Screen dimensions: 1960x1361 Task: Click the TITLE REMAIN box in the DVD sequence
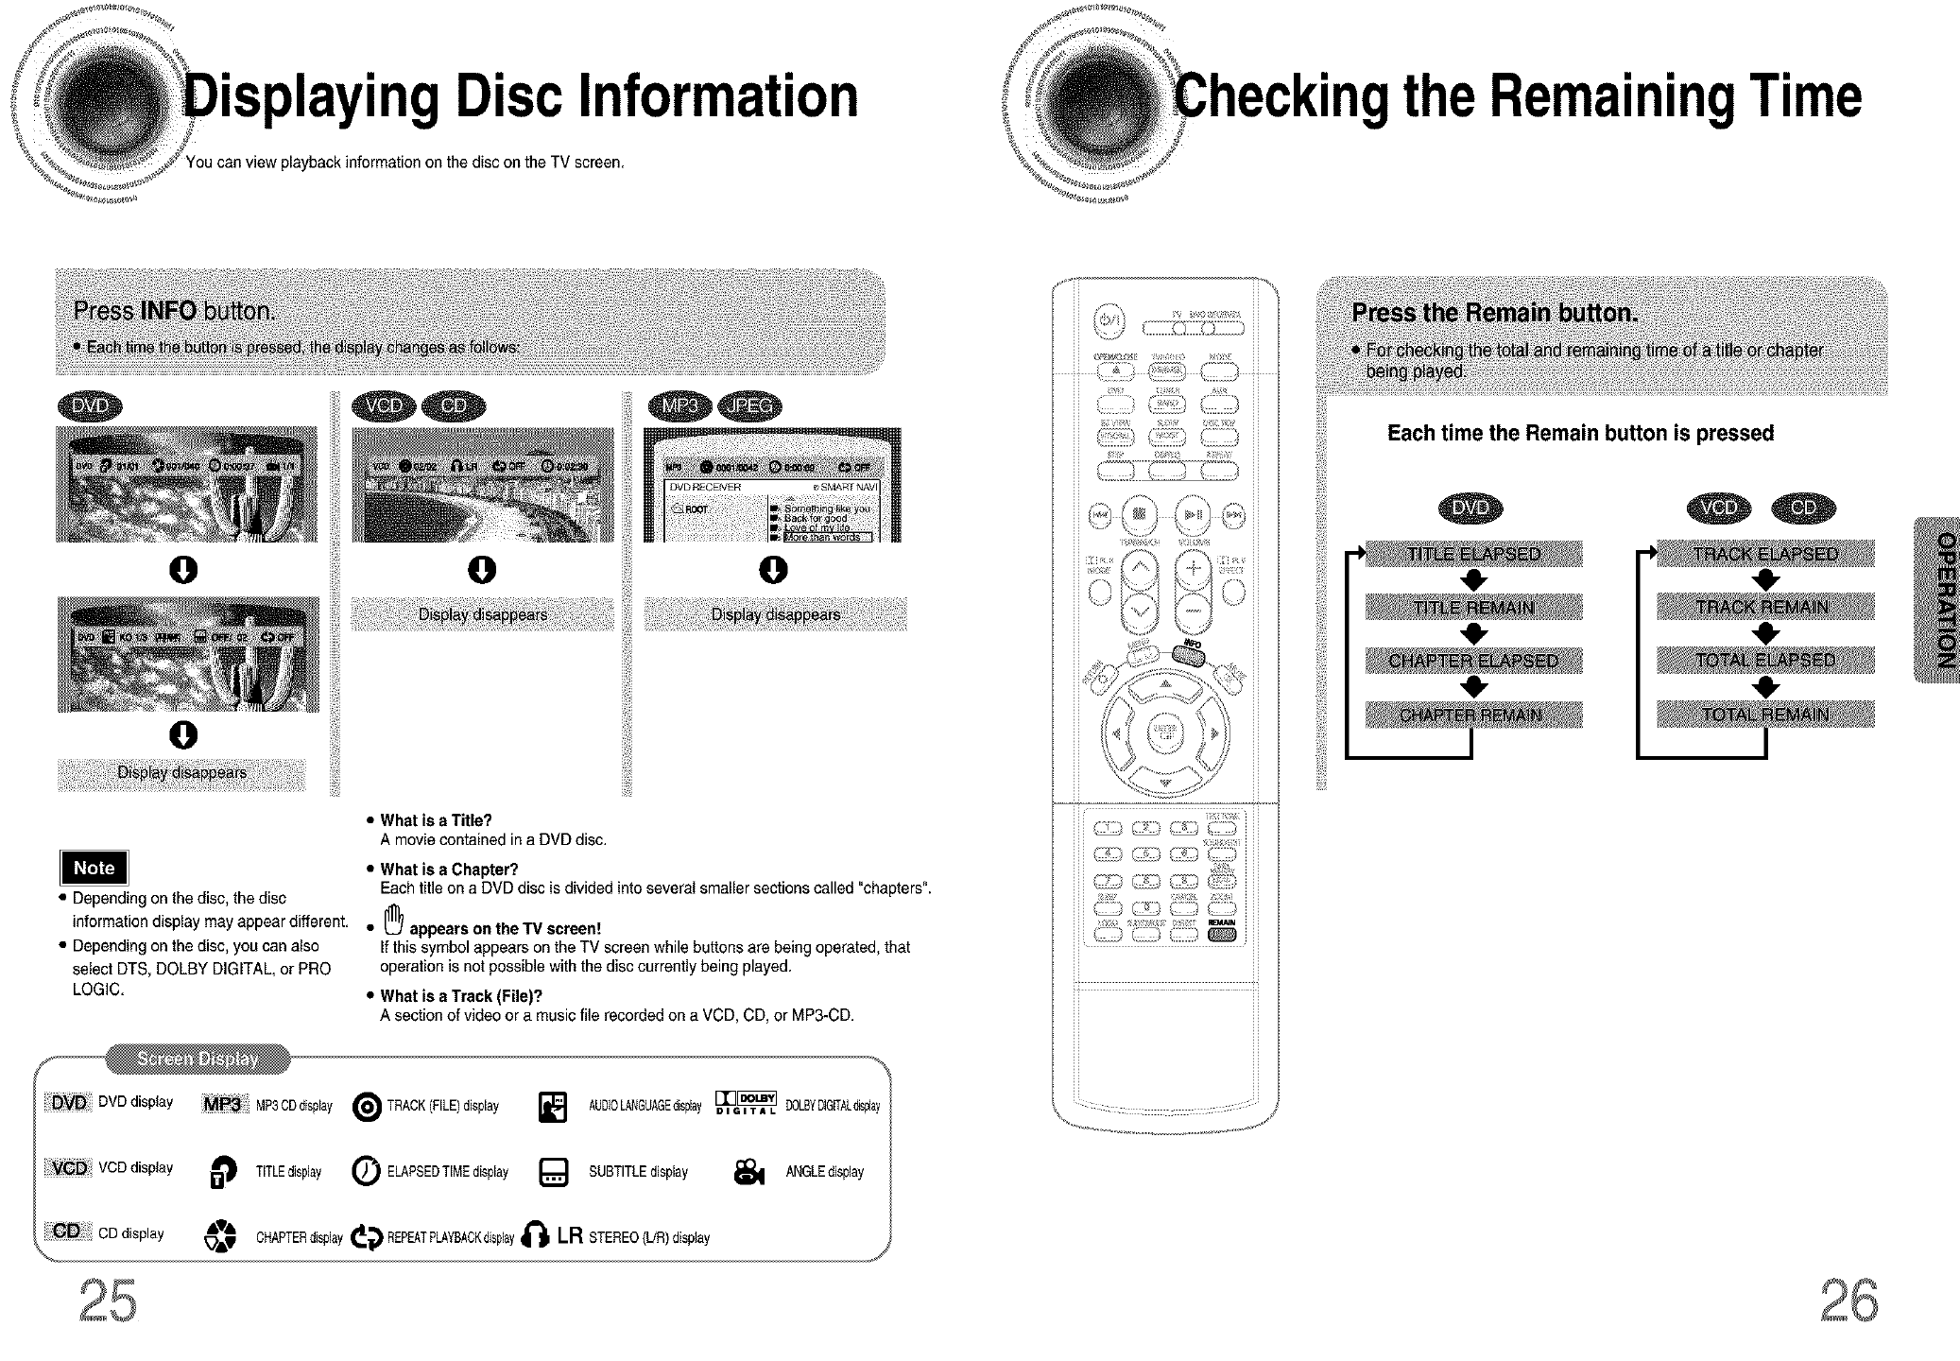1473,607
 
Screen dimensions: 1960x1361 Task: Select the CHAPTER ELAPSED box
1473,661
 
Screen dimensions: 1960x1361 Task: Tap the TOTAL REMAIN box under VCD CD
1764,715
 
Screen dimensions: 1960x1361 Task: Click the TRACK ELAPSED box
1764,554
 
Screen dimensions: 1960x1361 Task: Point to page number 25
108,1302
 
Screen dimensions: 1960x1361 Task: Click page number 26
1849,1302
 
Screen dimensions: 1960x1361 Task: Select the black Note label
94,868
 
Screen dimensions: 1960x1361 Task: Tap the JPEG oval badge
749,406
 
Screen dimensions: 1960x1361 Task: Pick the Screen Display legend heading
198,1059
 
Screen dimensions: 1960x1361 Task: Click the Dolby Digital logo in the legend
746,1104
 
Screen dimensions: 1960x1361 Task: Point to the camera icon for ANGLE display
748,1173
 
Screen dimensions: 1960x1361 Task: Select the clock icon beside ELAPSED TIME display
366,1172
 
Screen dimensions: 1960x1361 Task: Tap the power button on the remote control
1109,319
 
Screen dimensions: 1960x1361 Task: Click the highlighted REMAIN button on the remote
1222,935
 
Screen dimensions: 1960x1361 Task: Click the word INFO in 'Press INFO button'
167,311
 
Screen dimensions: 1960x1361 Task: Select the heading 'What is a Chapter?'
449,870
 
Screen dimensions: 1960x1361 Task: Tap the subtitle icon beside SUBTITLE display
553,1173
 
